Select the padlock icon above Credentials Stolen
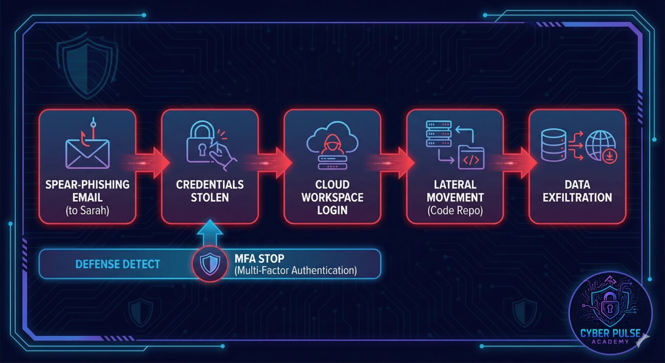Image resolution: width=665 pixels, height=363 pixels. coord(201,145)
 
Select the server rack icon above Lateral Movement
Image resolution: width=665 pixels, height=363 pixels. coord(438,137)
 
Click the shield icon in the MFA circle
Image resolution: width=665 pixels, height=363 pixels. coord(210,264)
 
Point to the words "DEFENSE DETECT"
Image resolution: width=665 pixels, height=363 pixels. coord(118,264)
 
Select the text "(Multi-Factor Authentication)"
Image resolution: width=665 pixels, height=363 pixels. coord(296,270)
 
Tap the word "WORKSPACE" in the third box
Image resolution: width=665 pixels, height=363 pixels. coord(332,197)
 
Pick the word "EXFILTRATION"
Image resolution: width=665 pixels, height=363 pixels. coord(578,197)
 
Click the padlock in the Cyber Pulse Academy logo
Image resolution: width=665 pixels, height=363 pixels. coord(610,307)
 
